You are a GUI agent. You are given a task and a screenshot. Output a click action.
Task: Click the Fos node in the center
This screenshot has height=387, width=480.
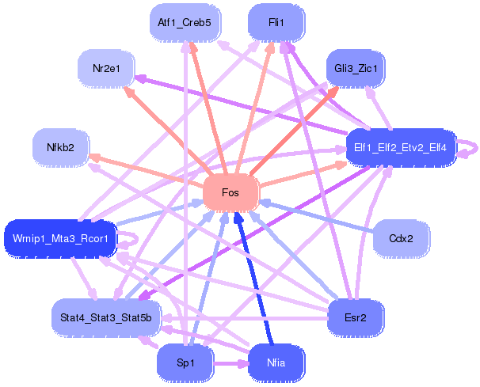pyautogui.click(x=230, y=193)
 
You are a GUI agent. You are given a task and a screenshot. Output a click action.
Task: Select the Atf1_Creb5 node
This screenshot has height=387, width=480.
pyautogui.click(x=185, y=23)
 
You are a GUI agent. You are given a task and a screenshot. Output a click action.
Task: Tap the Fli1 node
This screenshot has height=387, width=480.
pyautogui.click(x=276, y=23)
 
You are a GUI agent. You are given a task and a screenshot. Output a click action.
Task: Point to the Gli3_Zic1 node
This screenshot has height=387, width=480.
pyautogui.click(x=356, y=70)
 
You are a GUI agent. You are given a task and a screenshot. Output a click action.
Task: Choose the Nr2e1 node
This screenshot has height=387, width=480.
pyautogui.click(x=108, y=69)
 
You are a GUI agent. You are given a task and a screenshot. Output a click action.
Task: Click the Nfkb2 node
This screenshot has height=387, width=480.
pyautogui.click(x=60, y=147)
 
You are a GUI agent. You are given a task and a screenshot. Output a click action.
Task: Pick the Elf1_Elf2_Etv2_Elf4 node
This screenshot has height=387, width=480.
pyautogui.click(x=400, y=147)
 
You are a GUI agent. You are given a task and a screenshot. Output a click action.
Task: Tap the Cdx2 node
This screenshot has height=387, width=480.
pyautogui.click(x=402, y=237)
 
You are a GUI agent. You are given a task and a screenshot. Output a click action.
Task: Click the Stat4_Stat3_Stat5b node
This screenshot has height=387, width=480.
pyautogui.click(x=107, y=317)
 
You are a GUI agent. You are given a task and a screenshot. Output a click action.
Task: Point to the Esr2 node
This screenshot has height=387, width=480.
pyautogui.click(x=356, y=317)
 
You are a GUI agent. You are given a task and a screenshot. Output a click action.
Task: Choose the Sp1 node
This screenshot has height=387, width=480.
pyautogui.click(x=185, y=362)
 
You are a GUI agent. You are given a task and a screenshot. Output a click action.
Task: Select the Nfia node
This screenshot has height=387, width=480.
pyautogui.click(x=276, y=362)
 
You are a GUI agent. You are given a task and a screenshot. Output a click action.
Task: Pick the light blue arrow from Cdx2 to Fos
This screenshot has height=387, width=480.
pyautogui.click(x=317, y=216)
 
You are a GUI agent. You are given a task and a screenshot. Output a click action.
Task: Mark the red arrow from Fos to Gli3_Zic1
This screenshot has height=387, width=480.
pyautogui.click(x=293, y=131)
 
